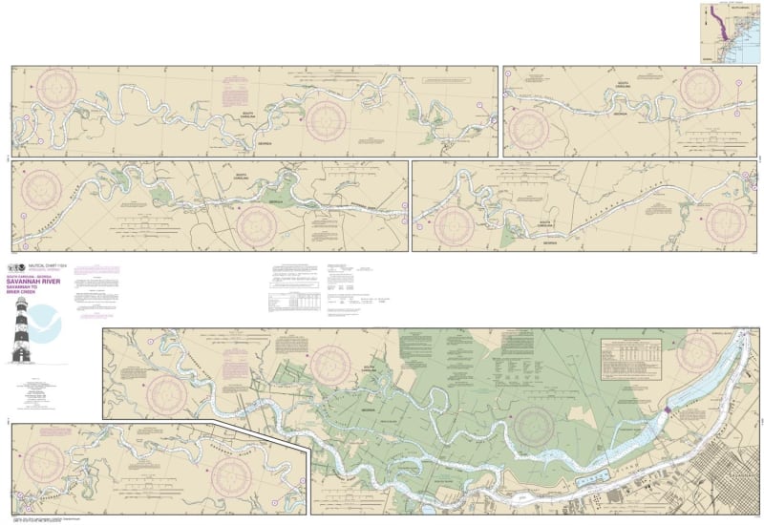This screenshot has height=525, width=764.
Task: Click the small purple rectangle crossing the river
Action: [x=667, y=409]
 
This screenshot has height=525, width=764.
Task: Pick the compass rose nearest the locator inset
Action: [x=704, y=91]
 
